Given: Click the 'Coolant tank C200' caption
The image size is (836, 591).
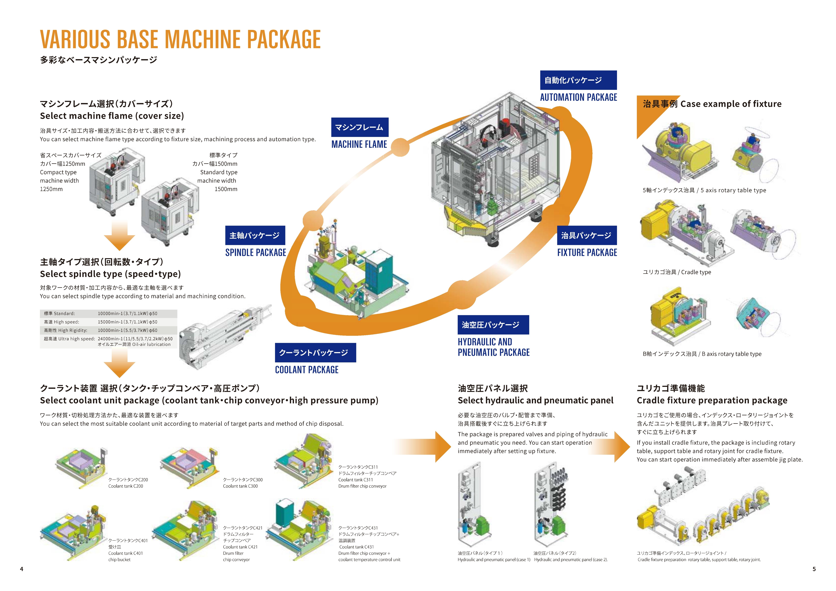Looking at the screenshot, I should pyautogui.click(x=126, y=486).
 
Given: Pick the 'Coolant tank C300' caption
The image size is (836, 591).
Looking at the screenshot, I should pyautogui.click(x=240, y=486).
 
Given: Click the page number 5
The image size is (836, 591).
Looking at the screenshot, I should pyautogui.click(x=814, y=569).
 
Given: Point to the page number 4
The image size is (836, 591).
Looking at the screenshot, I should pyautogui.click(x=22, y=569).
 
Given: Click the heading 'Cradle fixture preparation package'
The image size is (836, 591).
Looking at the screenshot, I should pyautogui.click(x=712, y=401).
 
